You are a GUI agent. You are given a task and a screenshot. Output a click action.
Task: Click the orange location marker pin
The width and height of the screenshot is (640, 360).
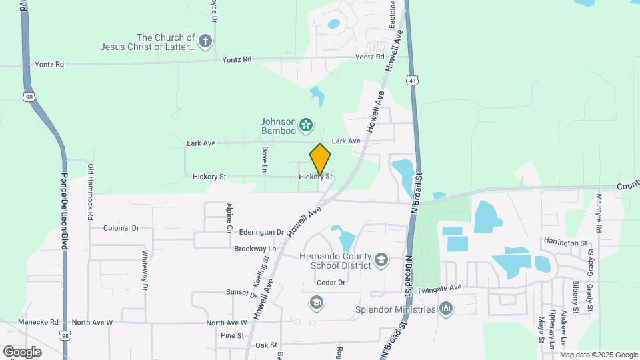tap(320, 160)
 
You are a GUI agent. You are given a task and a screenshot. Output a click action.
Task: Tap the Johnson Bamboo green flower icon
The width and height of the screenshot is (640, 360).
tap(306, 124)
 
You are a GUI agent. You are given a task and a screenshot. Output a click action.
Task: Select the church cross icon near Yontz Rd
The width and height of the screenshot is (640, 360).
tap(205, 42)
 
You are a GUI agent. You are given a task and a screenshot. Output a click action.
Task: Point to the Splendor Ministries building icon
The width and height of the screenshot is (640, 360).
tap(446, 309)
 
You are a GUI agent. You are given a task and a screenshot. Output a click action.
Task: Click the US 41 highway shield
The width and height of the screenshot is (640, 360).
tap(413, 80)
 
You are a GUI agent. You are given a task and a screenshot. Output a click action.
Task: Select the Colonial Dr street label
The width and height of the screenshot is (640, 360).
tap(121, 228)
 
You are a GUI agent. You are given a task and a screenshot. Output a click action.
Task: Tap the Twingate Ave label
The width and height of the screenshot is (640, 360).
tap(439, 289)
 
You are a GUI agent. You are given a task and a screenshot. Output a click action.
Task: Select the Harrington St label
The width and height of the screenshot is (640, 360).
tap(565, 243)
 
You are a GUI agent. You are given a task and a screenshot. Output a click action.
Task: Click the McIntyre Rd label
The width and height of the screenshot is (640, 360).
tap(599, 213)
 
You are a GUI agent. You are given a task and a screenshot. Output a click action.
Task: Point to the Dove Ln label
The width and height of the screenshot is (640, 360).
tap(265, 160)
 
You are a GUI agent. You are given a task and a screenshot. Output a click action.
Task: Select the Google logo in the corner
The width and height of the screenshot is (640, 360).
tap(22, 351)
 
